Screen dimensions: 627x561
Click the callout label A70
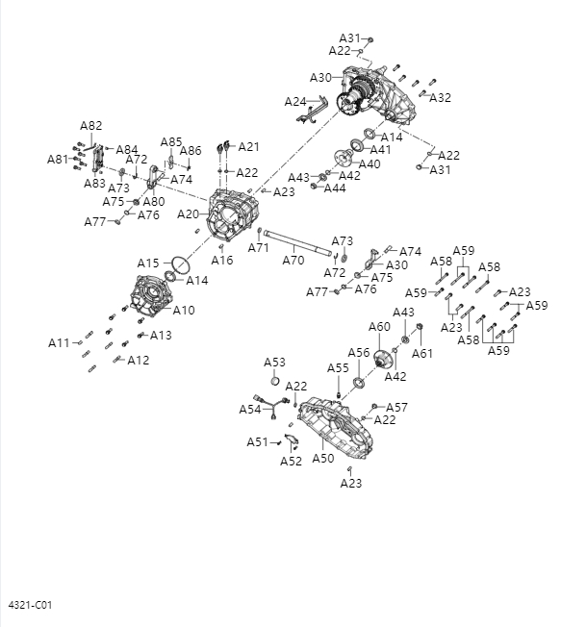pyautogui.click(x=293, y=260)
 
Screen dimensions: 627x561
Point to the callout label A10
pyautogui.click(x=184, y=310)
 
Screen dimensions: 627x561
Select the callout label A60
pyautogui.click(x=379, y=327)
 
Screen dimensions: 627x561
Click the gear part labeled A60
pyautogui.click(x=382, y=361)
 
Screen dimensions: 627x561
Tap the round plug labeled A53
pyautogui.click(x=274, y=378)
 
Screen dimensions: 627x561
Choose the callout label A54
pyautogui.click(x=250, y=410)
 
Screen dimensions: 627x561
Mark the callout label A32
pyautogui.click(x=440, y=98)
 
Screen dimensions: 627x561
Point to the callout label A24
pyautogui.click(x=295, y=101)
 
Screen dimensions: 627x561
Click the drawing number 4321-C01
pyautogui.click(x=30, y=605)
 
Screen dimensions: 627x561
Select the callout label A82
pyautogui.click(x=91, y=126)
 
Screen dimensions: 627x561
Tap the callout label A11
pyautogui.click(x=60, y=342)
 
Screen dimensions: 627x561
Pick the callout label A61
pyautogui.click(x=422, y=353)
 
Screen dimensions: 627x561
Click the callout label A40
pyautogui.click(x=370, y=163)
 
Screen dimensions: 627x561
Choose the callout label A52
pyautogui.click(x=292, y=462)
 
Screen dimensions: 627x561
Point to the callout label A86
pyautogui.click(x=191, y=151)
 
